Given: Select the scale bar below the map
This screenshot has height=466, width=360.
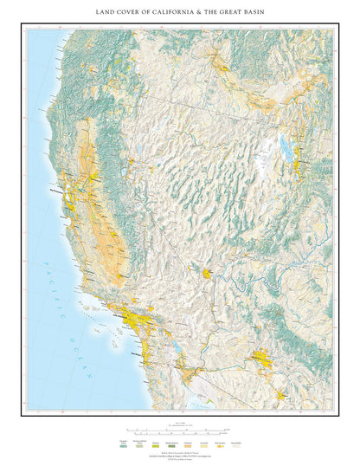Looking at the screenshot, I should (x=177, y=429).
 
